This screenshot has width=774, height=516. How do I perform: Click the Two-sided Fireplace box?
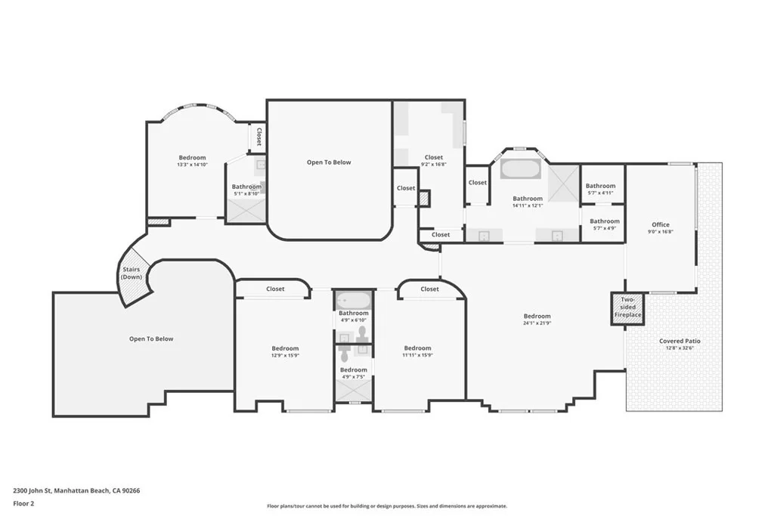[x=627, y=308]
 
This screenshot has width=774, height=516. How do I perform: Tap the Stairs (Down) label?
[x=132, y=273]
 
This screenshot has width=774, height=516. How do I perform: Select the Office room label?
[x=661, y=224]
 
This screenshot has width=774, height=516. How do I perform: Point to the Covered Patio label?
[x=680, y=341]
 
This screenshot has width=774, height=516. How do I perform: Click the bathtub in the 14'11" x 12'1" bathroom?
[x=521, y=169]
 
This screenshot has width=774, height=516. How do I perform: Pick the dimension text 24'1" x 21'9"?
[x=537, y=323]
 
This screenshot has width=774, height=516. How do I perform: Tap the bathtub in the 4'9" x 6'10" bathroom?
[x=354, y=301]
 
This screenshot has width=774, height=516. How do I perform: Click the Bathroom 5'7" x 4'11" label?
[x=600, y=189]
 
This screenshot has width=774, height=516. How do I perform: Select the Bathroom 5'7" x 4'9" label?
[x=605, y=224]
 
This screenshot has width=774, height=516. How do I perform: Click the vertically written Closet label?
[x=259, y=137]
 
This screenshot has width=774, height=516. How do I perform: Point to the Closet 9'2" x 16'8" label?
[x=434, y=160]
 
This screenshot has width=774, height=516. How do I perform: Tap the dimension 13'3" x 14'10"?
[x=193, y=165]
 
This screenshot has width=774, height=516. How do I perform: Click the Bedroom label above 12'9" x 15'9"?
[x=285, y=348]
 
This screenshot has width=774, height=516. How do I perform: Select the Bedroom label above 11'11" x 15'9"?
[x=417, y=348]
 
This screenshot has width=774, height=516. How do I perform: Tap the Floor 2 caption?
[x=23, y=504]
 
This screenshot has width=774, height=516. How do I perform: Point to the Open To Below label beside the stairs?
[x=151, y=339]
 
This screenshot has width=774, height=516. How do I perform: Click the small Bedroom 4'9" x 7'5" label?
[x=354, y=373]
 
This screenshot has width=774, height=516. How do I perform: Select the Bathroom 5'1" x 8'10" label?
[x=246, y=190]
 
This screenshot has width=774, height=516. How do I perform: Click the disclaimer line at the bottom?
[x=387, y=506]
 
